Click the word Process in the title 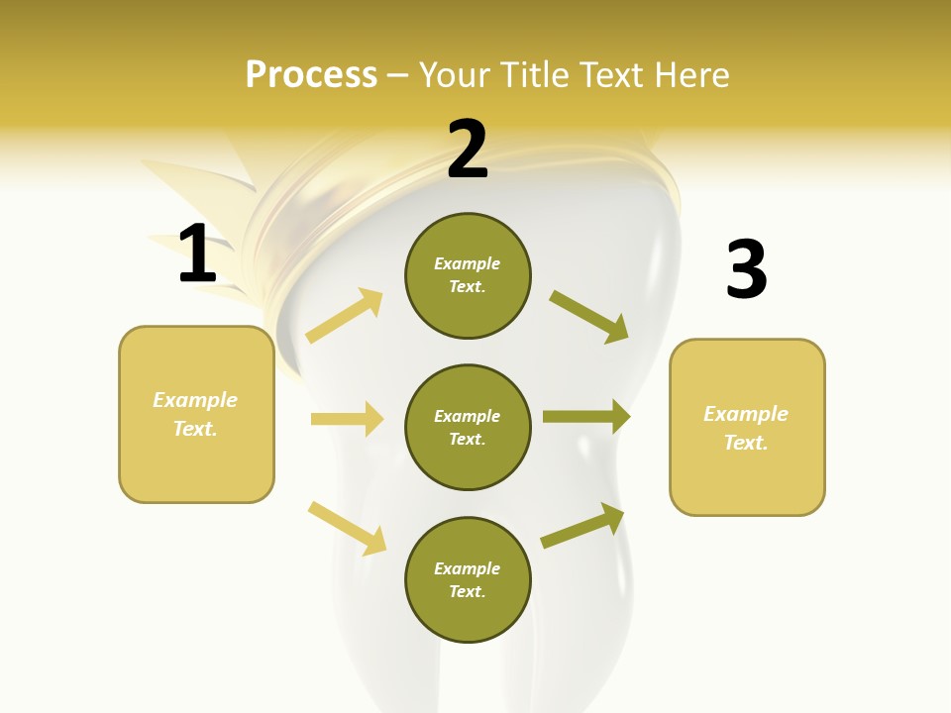pyautogui.click(x=311, y=75)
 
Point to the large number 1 pyautogui.click(x=197, y=254)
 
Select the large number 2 pyautogui.click(x=468, y=150)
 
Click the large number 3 pyautogui.click(x=746, y=270)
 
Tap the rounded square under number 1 pyautogui.click(x=196, y=414)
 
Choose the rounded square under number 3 pyautogui.click(x=747, y=427)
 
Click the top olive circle pyautogui.click(x=468, y=275)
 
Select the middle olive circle pyautogui.click(x=468, y=427)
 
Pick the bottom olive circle pyautogui.click(x=468, y=579)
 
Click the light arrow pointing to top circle pyautogui.click(x=345, y=315)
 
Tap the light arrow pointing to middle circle pyautogui.click(x=347, y=419)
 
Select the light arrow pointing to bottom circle pyautogui.click(x=347, y=528)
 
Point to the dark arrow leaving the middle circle pyautogui.click(x=586, y=417)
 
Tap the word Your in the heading pyautogui.click(x=453, y=75)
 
